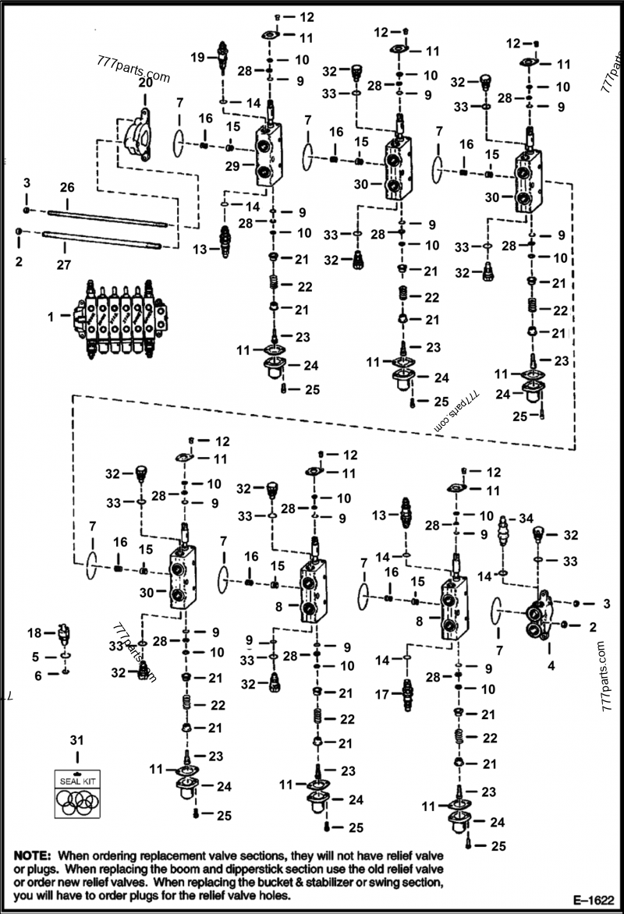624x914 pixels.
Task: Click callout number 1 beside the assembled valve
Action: pos(51,317)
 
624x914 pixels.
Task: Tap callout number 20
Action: pos(145,83)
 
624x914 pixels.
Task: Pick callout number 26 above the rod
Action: pos(67,187)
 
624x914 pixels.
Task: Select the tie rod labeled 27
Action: pos(101,239)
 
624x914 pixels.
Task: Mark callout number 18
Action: pos(34,632)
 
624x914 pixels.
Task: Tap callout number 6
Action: pos(36,676)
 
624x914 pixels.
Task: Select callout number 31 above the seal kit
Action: pos(76,739)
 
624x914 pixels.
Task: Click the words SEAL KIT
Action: pos(76,779)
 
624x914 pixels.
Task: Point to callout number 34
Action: pos(526,517)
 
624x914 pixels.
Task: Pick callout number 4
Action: pos(551,666)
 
